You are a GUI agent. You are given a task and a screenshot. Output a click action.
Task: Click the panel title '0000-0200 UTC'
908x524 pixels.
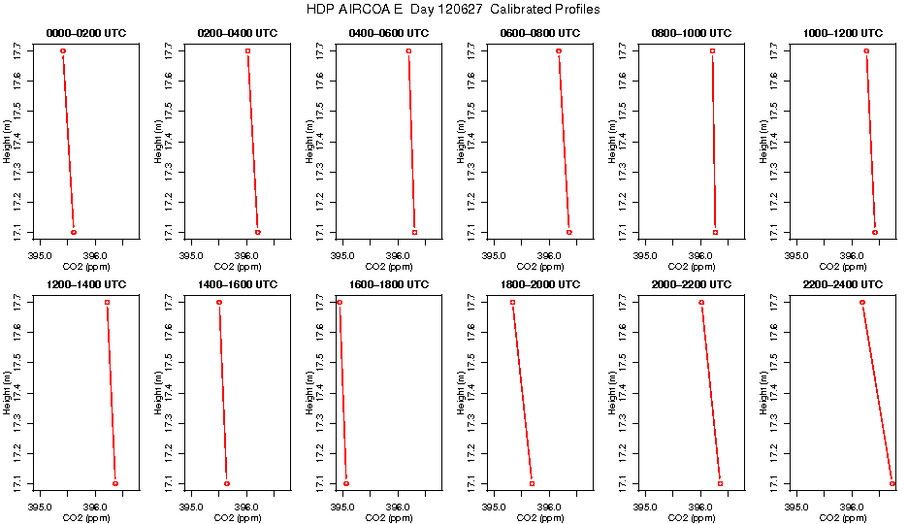[85, 33]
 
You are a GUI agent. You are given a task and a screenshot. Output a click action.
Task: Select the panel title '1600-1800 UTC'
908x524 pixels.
[388, 284]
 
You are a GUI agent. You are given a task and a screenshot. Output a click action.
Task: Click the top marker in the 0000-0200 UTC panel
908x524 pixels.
[63, 50]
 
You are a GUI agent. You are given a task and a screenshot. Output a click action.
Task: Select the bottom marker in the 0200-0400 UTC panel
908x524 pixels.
[258, 233]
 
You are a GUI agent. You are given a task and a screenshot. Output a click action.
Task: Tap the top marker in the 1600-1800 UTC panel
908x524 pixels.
[340, 303]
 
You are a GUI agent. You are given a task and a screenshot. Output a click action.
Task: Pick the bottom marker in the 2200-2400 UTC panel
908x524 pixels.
[892, 483]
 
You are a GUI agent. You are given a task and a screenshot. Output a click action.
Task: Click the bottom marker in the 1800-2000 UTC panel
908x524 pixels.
[532, 483]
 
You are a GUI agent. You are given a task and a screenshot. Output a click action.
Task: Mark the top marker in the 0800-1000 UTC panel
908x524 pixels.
[712, 50]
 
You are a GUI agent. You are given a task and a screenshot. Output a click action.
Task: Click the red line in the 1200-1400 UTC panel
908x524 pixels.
[112, 393]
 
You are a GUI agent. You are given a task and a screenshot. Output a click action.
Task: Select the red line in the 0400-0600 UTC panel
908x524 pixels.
[411, 142]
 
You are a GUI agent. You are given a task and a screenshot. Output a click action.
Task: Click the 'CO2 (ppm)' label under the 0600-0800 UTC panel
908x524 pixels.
[540, 266]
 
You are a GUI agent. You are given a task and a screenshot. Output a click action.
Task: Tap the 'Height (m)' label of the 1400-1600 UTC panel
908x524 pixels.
[158, 393]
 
